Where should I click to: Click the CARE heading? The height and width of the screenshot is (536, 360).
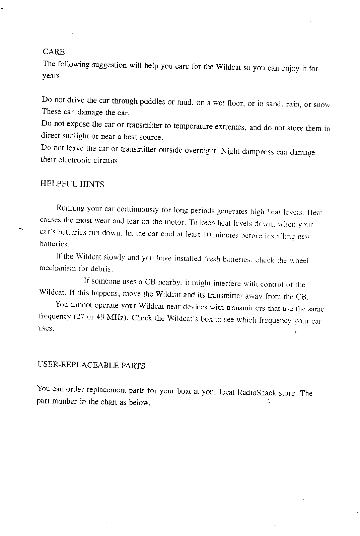[x=54, y=52]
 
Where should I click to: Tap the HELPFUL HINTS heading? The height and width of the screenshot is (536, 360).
[x=72, y=184]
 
